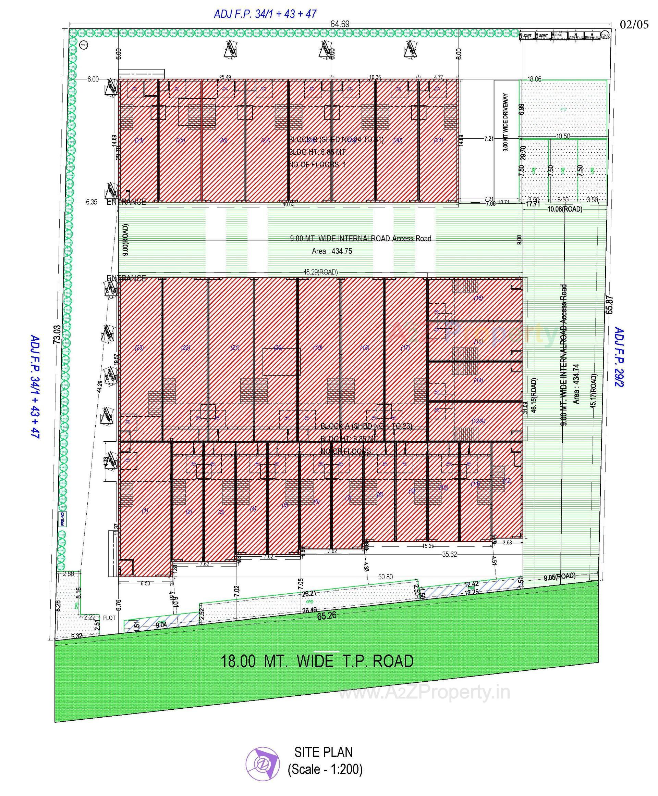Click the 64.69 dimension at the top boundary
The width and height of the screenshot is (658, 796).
tap(340, 24)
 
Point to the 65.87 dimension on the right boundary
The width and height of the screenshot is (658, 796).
tap(609, 305)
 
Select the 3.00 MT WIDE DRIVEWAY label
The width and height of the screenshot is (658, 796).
tap(505, 122)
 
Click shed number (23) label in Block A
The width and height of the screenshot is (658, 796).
tap(139, 347)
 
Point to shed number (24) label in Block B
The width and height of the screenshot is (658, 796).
tap(139, 140)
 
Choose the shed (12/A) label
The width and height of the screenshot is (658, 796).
tap(478, 421)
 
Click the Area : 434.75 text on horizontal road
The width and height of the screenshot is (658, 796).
tap(332, 251)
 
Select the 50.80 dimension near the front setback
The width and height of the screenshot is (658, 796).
tap(385, 577)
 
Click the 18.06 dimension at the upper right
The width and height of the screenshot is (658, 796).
tap(534, 79)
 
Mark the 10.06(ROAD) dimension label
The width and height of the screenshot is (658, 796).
tap(565, 209)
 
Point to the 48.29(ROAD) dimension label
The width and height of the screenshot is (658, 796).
tap(320, 272)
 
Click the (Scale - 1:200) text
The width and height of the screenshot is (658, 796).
tap(325, 769)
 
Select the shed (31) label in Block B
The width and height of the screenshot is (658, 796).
tap(438, 140)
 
